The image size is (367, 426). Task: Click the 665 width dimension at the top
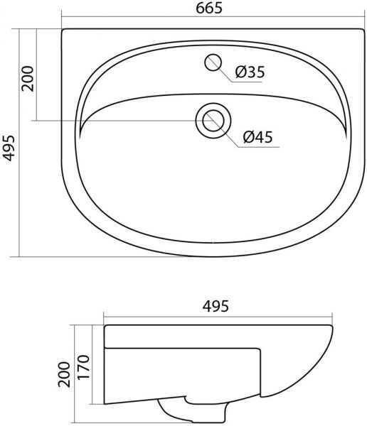click(209, 8)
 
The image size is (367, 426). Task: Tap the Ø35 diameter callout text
click(250, 72)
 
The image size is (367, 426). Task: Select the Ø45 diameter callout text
click(257, 137)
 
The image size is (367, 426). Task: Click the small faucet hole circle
click(213, 62)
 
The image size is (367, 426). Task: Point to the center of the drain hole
click(213, 121)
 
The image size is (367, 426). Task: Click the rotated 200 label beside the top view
click(28, 79)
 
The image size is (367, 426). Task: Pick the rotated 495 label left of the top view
click(9, 148)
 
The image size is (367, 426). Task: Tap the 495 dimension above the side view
click(216, 306)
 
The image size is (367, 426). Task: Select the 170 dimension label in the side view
click(83, 367)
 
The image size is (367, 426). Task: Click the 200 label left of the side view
click(64, 374)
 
